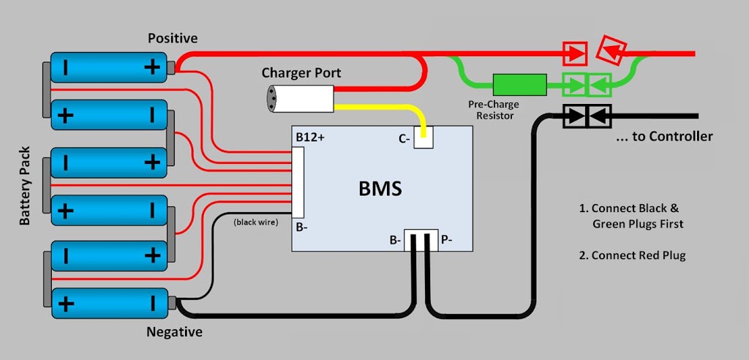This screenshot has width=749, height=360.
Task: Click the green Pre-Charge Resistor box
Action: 520,85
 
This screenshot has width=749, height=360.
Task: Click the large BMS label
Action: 380,189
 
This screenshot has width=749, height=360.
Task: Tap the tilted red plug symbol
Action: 609,49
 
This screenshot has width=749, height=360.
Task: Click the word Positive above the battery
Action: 173,37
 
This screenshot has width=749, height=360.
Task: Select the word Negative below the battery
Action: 174,332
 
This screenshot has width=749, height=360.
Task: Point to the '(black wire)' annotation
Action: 255,222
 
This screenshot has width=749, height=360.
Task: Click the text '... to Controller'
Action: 665,136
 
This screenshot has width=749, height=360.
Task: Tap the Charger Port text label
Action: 301,73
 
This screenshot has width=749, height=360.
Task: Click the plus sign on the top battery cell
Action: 151,68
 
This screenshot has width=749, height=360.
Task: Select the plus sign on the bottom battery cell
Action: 66,303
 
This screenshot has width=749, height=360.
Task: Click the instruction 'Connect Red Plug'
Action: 633,255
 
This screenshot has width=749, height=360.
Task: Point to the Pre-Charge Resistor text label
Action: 494,110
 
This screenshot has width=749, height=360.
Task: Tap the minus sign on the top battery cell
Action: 66,68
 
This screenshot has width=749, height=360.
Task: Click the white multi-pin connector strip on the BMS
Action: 298,182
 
